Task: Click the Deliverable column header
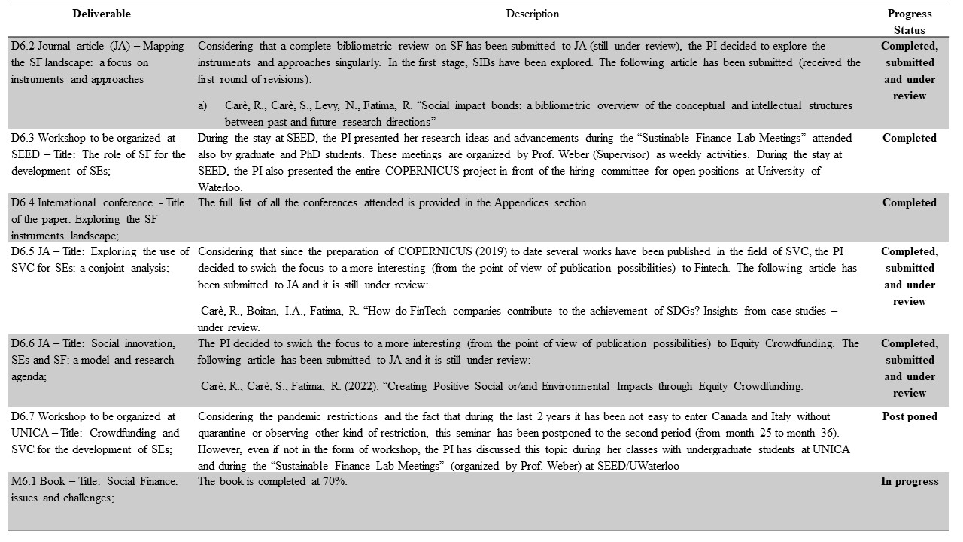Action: click(x=102, y=14)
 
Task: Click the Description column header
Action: click(x=532, y=14)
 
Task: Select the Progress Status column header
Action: click(x=909, y=22)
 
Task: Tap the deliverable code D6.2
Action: click(x=23, y=46)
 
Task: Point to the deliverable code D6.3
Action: click(x=23, y=138)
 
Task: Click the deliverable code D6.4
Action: click(x=23, y=202)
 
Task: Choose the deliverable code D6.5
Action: click(x=23, y=251)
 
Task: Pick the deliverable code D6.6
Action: click(x=23, y=343)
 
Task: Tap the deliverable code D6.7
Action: click(x=23, y=416)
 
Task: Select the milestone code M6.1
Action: click(x=24, y=481)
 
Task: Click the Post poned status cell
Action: click(x=909, y=416)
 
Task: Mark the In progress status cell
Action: click(x=909, y=481)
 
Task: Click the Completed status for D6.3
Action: click(x=909, y=138)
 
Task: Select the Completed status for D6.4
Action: click(x=909, y=202)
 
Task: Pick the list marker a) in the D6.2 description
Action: click(x=202, y=105)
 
